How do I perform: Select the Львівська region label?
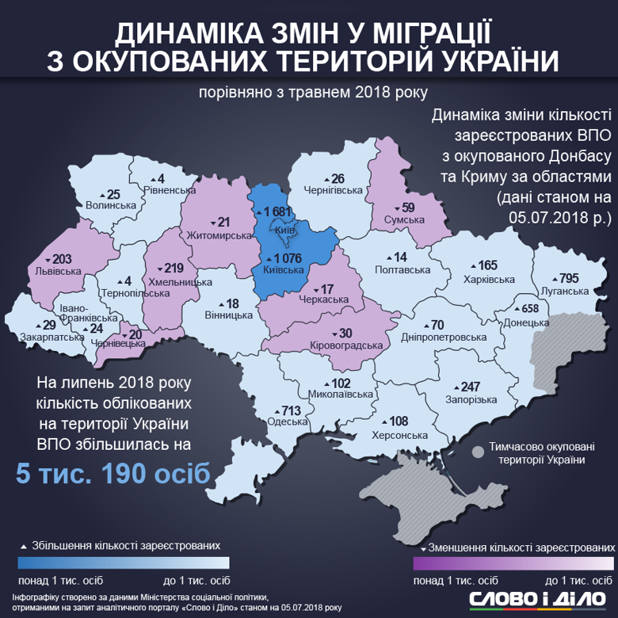[x=59, y=271]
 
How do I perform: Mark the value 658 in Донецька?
[x=527, y=308]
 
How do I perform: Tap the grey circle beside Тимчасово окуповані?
[x=478, y=452]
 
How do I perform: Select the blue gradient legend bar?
[x=124, y=563]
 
